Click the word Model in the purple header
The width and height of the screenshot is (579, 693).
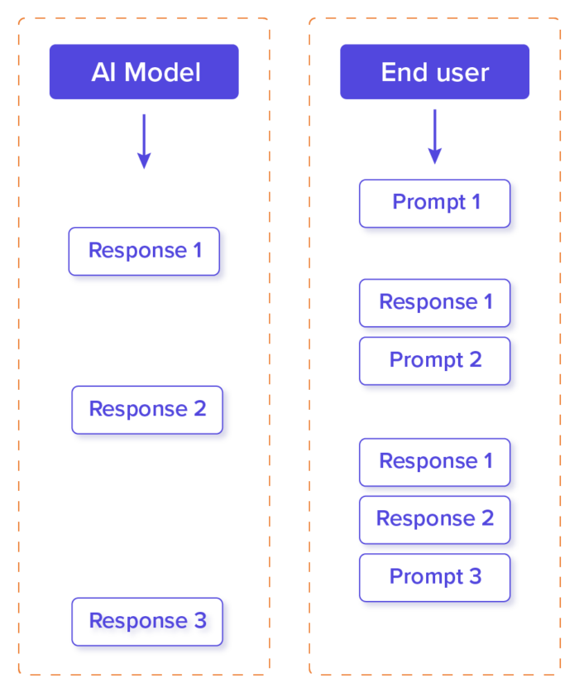pos(163,73)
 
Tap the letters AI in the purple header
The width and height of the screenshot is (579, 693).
pos(103,73)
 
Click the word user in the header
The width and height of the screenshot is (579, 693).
pos(463,73)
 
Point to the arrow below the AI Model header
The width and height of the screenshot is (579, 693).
pos(144,142)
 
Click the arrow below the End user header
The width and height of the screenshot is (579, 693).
pos(435,137)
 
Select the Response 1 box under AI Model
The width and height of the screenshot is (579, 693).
pos(144,251)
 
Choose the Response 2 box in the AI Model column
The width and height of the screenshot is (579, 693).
pos(146,409)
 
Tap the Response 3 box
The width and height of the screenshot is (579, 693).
pos(146,621)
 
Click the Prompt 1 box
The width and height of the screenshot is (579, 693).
pos(434,203)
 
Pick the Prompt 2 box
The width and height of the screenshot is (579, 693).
pos(434,360)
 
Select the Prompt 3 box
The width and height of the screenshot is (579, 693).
pos(434,577)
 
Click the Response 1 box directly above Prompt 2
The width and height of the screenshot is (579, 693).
pos(434,302)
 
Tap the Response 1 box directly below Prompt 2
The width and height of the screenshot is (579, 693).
pos(434,461)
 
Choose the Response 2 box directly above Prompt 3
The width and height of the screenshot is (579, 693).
pos(434,519)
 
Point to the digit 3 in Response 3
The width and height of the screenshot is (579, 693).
pos(200,621)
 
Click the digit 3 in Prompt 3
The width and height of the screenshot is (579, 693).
pos(475,577)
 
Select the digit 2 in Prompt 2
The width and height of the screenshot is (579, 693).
pos(475,360)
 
